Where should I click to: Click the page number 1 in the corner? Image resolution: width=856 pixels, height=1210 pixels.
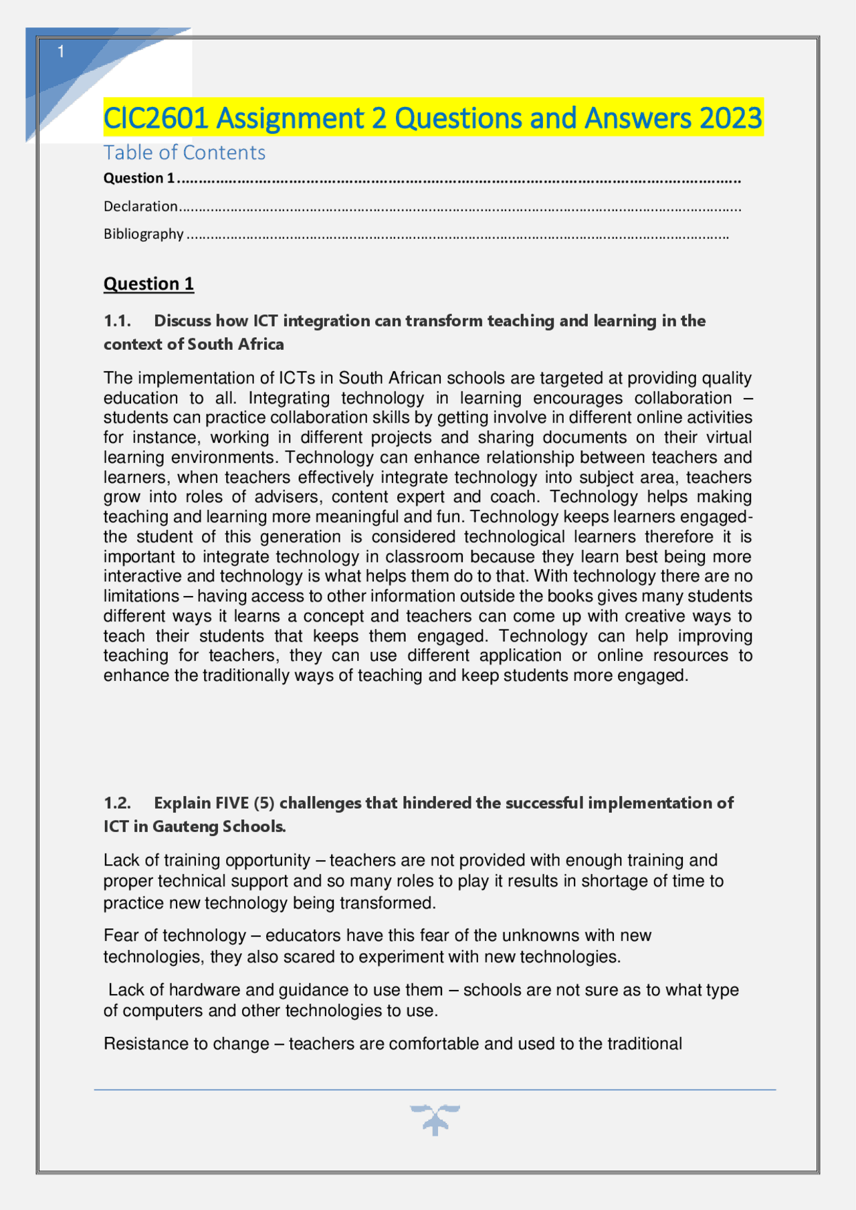[x=61, y=52]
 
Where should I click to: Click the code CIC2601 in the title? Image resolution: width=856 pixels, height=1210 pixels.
[x=156, y=118]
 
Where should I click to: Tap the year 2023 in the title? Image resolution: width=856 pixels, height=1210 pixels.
[x=730, y=118]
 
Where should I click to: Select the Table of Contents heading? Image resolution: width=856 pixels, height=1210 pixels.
[x=184, y=153]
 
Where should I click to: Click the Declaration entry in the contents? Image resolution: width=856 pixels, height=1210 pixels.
[x=140, y=206]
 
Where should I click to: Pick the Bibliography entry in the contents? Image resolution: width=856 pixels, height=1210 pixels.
[x=143, y=234]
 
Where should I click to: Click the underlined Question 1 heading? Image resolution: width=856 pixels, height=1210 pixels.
[x=148, y=284]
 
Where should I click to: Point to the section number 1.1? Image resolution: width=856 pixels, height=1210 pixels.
[x=117, y=321]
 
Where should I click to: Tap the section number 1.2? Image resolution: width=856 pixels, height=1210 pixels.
[x=117, y=803]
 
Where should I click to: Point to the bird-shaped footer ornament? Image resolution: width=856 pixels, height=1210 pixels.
[x=435, y=1119]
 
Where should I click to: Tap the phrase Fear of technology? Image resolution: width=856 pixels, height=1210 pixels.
[x=175, y=935]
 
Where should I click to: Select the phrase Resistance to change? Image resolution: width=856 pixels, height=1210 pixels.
[x=186, y=1043]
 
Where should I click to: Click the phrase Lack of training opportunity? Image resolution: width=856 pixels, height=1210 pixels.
[x=207, y=860]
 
